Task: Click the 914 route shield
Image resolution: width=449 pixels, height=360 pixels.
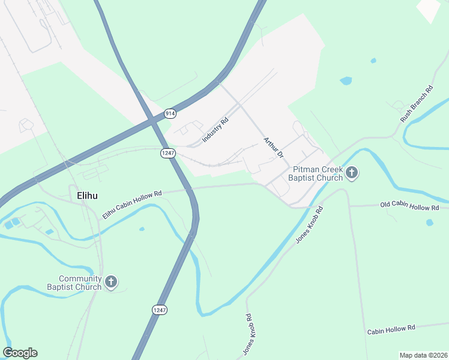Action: pos(170,113)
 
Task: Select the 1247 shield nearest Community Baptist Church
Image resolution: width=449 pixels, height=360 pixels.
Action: pos(159,310)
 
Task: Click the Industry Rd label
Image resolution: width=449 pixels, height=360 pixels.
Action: pos(215,130)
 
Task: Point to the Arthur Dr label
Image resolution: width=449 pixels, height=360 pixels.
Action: pos(273,148)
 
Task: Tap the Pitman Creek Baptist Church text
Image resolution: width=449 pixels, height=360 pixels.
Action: pos(315,174)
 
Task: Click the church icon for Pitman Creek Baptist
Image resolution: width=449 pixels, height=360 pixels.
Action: pos(352,174)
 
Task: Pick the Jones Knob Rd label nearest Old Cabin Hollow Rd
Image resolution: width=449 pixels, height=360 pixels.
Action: pos(309,225)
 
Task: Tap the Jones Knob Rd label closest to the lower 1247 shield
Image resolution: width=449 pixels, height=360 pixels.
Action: pos(247,334)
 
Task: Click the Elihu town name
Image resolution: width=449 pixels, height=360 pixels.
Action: pos(87,196)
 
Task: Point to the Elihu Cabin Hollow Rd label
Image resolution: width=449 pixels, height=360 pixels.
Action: pos(132,205)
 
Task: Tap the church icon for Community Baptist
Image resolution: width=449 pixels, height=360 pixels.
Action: pos(110,282)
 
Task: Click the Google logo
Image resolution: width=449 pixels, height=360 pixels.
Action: pos(20,353)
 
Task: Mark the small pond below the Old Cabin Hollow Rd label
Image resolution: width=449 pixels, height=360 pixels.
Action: pos(430,223)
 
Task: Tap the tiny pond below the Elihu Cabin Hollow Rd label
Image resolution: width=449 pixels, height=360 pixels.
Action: pos(141,229)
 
